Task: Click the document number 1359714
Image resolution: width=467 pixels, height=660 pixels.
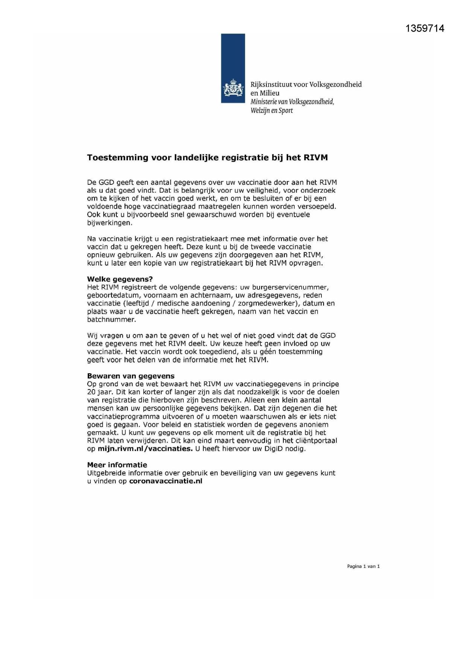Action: tap(425, 29)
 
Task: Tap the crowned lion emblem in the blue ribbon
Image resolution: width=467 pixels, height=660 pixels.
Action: tap(233, 89)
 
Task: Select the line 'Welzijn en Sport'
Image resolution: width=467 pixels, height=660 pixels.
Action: tap(271, 111)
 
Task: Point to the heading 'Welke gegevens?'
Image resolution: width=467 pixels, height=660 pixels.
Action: tap(120, 279)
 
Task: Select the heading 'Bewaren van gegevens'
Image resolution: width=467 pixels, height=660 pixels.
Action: tap(131, 376)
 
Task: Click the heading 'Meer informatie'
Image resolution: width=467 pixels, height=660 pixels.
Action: tap(117, 465)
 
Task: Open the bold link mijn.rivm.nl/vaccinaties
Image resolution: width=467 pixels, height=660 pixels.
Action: tap(145, 449)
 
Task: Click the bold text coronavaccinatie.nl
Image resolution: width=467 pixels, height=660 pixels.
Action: tap(166, 481)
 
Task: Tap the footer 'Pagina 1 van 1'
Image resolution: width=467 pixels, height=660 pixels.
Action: tap(363, 566)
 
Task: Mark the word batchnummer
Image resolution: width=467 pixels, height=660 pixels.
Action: tap(111, 319)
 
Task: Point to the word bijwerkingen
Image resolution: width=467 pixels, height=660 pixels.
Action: tap(109, 223)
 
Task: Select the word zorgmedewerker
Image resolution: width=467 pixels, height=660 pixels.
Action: tap(265, 303)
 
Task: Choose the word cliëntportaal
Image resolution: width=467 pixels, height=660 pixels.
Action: tap(316, 441)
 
